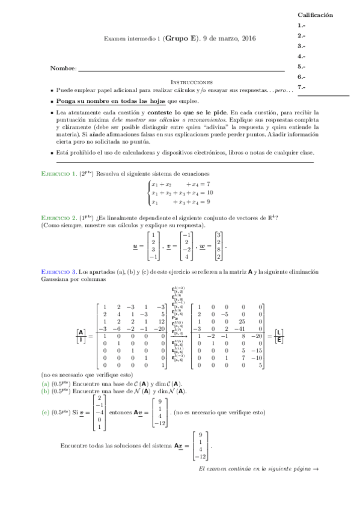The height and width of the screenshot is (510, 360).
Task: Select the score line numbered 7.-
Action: pos(301,87)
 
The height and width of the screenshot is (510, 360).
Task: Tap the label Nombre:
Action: pos(64,70)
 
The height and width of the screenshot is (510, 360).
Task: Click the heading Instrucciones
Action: pos(192,82)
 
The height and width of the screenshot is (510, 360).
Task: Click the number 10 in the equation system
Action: pos(208,193)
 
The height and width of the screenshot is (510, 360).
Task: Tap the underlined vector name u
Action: pos(135,246)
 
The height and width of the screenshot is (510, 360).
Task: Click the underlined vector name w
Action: pos(201,246)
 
